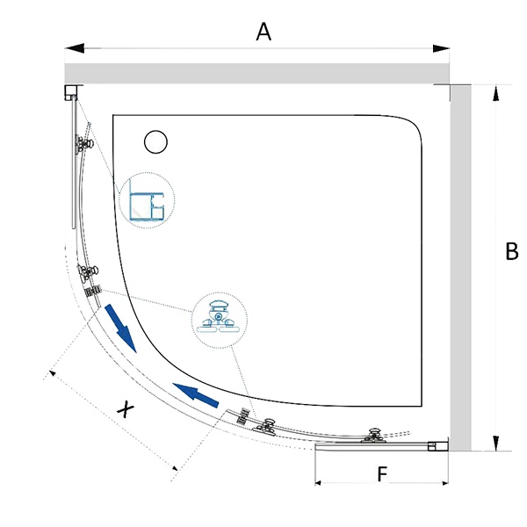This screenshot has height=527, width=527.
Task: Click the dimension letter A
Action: click(x=263, y=32)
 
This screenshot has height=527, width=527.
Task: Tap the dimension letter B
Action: click(x=512, y=252)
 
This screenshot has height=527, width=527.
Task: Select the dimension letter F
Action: click(x=382, y=474)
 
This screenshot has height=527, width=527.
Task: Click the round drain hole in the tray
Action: click(x=156, y=141)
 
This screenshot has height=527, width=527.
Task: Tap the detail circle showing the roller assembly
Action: click(x=219, y=319)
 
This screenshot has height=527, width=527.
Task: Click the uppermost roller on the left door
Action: click(x=83, y=145)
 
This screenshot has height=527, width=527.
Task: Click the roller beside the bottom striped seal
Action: click(x=266, y=426)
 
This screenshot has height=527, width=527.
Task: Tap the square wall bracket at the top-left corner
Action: click(x=70, y=90)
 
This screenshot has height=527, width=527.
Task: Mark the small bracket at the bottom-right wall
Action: click(x=433, y=445)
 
